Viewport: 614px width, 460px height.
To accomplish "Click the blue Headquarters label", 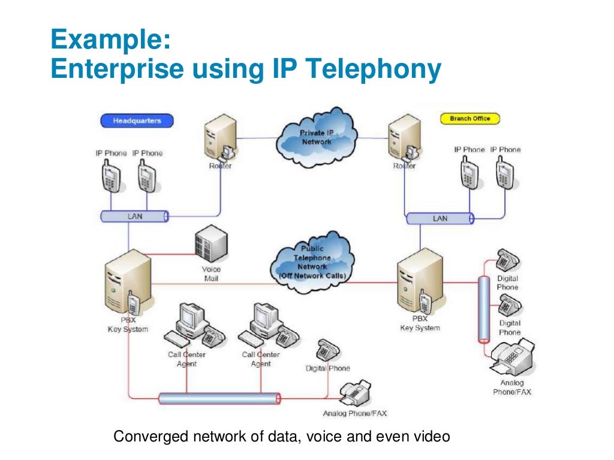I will (137, 120).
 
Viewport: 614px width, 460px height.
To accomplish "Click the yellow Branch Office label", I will (469, 119).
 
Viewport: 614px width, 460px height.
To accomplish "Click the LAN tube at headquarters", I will (134, 216).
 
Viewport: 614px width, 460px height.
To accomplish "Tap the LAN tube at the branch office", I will (440, 219).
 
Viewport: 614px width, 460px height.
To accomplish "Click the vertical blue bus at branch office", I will (483, 309).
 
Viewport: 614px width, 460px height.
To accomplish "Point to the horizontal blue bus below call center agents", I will (219, 398).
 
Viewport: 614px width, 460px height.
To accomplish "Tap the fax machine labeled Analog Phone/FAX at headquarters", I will (355, 393).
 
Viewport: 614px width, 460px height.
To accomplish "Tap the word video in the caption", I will (431, 437).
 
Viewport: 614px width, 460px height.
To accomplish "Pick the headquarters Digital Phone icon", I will (328, 350).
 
